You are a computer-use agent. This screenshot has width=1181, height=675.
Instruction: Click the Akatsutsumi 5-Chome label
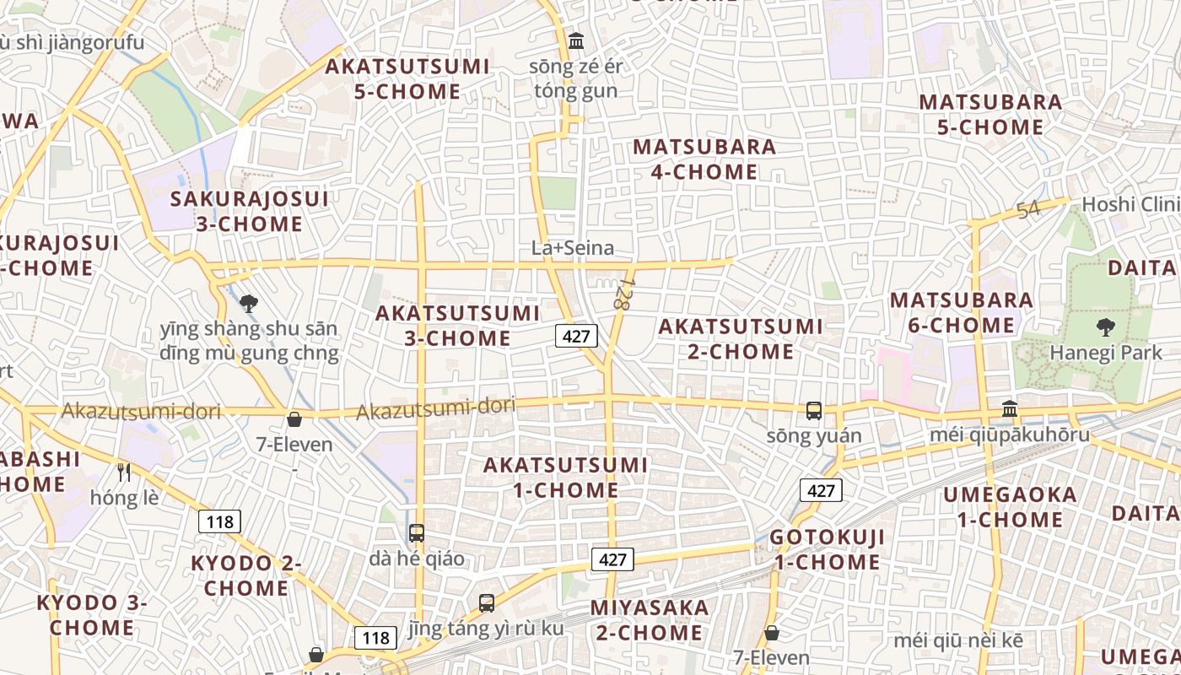[407, 78]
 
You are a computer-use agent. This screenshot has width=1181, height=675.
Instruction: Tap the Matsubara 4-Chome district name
[704, 159]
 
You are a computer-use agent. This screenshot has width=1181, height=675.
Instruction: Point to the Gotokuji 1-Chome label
[827, 549]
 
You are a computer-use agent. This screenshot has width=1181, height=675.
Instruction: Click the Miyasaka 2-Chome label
[650, 620]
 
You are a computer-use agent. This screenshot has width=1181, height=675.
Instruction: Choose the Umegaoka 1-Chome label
[1010, 506]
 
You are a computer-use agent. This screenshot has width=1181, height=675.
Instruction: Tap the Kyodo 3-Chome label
[91, 615]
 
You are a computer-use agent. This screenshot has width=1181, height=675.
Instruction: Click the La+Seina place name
[572, 248]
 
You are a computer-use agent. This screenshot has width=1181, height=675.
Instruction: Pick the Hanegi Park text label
[1105, 353]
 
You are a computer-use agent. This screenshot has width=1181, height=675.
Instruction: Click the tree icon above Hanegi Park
[1104, 327]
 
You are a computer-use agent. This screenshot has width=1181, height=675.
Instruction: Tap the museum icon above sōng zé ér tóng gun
[576, 40]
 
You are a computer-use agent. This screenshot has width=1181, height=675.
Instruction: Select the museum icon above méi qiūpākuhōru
[1009, 409]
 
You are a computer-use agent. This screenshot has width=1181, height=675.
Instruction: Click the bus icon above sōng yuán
[814, 411]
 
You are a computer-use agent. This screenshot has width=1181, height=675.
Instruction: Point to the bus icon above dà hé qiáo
[417, 533]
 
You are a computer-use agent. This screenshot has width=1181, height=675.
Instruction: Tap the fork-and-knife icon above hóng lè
[124, 472]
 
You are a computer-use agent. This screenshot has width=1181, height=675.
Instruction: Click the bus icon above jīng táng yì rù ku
[487, 603]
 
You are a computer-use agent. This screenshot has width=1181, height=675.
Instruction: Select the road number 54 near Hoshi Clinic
[1028, 210]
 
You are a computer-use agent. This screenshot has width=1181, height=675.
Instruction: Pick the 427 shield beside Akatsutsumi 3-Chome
[576, 336]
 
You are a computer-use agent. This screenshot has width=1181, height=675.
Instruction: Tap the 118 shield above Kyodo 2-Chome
[219, 521]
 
